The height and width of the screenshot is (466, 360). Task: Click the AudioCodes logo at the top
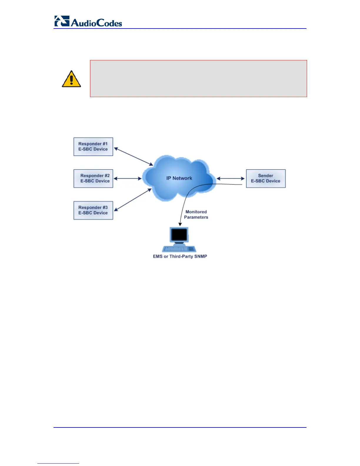point(88,21)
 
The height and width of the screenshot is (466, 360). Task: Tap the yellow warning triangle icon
point(71,79)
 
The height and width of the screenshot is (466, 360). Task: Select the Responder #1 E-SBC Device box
point(93,147)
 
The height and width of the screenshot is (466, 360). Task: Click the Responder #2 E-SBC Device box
point(93,178)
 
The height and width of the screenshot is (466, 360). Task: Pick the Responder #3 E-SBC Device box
point(93,210)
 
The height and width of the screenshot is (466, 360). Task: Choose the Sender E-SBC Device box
point(266,178)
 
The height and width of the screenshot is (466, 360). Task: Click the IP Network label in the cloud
point(179,178)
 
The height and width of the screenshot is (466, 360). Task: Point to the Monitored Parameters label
point(196,214)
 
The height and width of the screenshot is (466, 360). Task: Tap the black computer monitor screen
point(179,234)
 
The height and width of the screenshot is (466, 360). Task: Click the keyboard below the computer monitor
point(179,249)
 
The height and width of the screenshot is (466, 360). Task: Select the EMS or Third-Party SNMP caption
point(180,256)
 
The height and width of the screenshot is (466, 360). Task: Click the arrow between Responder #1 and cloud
point(133,156)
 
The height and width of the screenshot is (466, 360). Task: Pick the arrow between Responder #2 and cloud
point(128,178)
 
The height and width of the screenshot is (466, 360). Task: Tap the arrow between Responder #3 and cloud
point(133,200)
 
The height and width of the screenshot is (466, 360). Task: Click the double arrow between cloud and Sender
point(231,178)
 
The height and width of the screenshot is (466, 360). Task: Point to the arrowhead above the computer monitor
point(180,224)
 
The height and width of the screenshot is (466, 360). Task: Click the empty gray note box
point(198,79)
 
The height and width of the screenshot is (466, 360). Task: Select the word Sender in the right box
point(266,176)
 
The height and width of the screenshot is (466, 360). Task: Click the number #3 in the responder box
point(105,207)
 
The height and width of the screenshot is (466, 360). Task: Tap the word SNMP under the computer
point(200,256)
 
